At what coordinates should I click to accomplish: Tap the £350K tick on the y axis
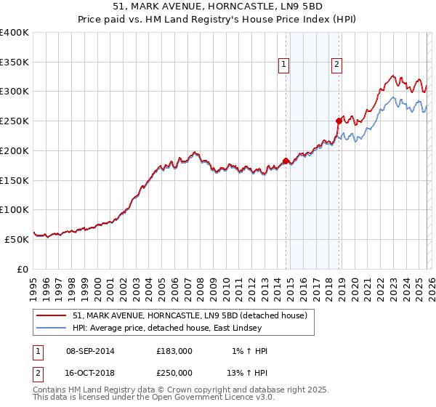click(15, 63)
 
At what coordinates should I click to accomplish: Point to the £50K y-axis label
click(17, 238)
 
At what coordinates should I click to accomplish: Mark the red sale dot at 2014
click(286, 161)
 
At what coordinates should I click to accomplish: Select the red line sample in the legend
click(52, 315)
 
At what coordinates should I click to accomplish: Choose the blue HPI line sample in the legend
click(52, 328)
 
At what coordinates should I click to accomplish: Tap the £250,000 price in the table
click(174, 371)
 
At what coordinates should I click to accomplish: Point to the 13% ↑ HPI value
click(247, 371)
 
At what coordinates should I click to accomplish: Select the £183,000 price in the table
click(174, 351)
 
